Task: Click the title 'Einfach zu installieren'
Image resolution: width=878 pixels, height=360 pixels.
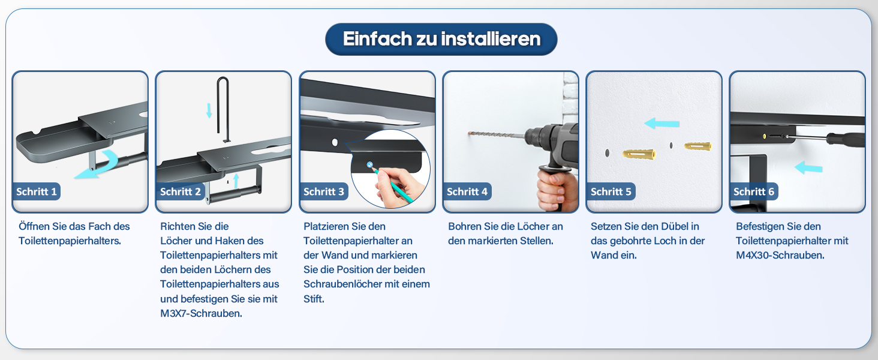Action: click(x=441, y=39)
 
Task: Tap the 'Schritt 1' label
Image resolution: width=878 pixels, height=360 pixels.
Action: click(x=37, y=191)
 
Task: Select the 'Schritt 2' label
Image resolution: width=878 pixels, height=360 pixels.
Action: click(x=181, y=191)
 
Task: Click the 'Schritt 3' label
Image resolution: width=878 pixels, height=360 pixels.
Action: click(x=324, y=191)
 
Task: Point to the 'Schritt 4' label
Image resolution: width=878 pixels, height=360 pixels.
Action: click(x=467, y=191)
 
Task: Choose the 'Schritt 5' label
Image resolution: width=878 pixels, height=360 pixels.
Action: click(x=611, y=191)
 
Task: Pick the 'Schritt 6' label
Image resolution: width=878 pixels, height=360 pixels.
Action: click(x=754, y=191)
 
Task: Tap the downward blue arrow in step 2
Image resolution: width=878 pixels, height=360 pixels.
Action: click(x=209, y=110)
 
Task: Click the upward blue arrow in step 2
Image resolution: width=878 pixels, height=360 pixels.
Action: click(x=236, y=181)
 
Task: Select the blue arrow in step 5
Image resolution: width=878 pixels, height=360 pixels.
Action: click(x=661, y=123)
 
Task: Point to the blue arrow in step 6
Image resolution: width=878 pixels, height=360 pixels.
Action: click(x=808, y=167)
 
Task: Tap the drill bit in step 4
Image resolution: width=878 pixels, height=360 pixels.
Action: click(x=496, y=135)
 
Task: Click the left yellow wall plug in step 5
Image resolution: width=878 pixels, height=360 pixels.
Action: click(x=639, y=154)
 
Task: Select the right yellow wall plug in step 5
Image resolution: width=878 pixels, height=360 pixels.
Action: click(x=698, y=146)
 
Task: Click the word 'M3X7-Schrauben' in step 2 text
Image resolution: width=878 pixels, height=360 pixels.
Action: click(x=201, y=313)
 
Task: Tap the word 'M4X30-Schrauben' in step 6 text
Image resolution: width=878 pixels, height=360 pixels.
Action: click(x=780, y=255)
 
